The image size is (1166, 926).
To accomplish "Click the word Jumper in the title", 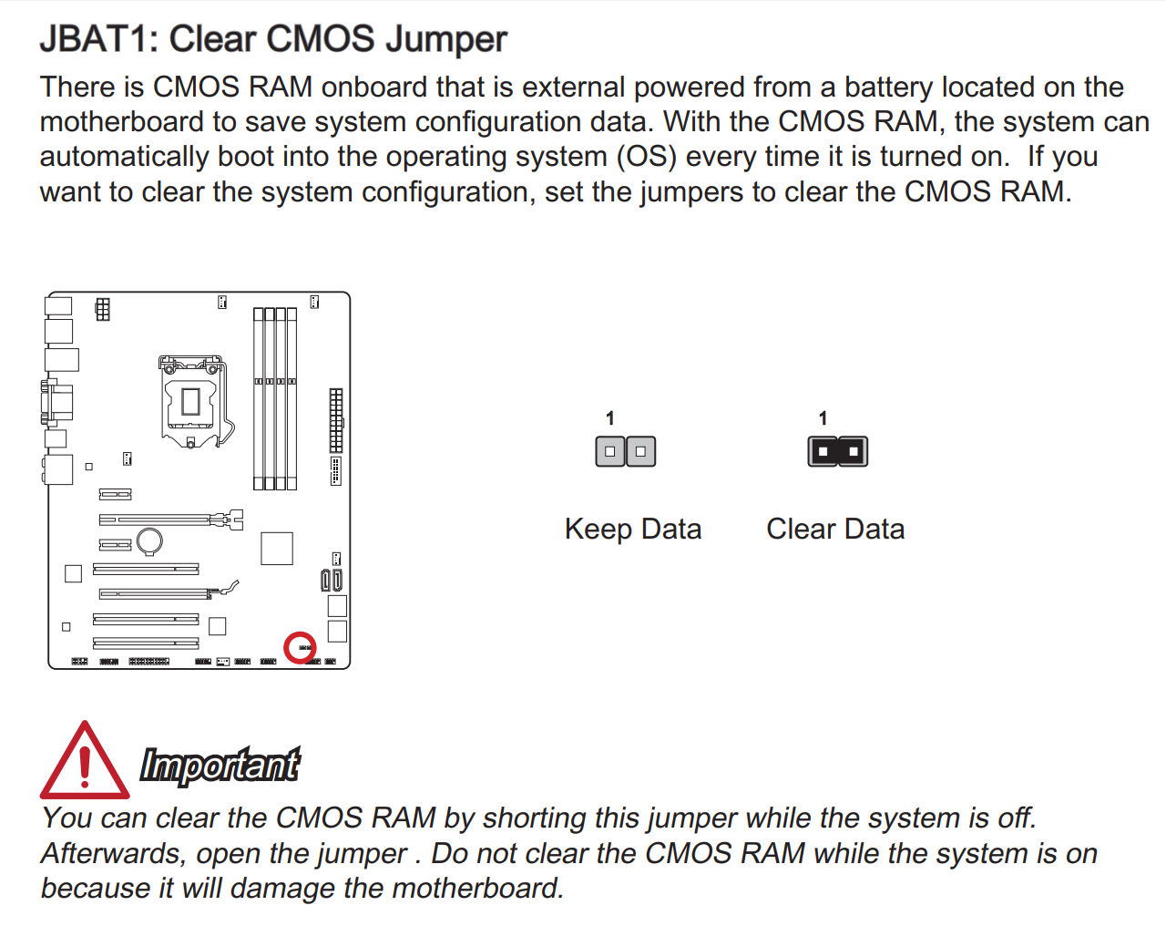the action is [446, 39].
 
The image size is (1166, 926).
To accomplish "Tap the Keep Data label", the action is [633, 529].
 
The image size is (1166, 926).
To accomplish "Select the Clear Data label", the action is [835, 529].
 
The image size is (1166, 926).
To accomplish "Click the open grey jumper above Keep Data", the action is [626, 451].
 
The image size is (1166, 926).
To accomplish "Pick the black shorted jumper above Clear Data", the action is [838, 451].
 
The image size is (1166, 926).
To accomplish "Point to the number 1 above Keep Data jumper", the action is [610, 418].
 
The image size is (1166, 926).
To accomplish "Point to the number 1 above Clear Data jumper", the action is [823, 418].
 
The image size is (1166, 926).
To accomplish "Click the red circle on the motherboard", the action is [300, 648].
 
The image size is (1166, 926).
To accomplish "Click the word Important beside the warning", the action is [220, 765].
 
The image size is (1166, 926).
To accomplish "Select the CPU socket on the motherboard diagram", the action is [191, 402].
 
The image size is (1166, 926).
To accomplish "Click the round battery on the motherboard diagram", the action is [149, 541].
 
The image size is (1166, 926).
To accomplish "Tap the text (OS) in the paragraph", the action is [647, 157].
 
